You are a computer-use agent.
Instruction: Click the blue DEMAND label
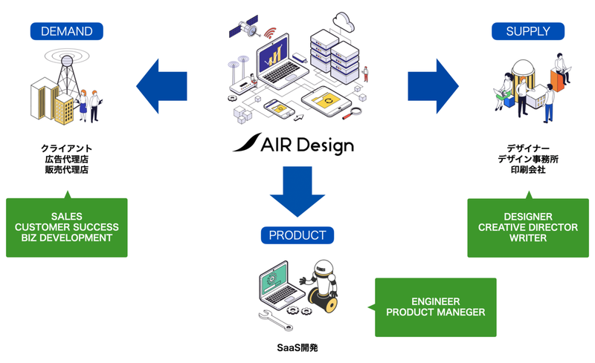point(66,31)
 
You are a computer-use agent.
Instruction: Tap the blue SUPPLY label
point(528,31)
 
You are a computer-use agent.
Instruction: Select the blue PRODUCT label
point(297,235)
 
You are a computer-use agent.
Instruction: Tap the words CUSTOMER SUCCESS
point(67,226)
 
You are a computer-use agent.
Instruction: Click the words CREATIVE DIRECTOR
point(528,227)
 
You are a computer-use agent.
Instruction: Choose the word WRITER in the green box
point(528,238)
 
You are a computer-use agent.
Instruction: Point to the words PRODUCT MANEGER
point(437,312)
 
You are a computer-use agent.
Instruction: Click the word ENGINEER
point(436,301)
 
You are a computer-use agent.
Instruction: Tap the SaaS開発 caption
point(296,347)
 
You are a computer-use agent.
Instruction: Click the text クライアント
point(67,148)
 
